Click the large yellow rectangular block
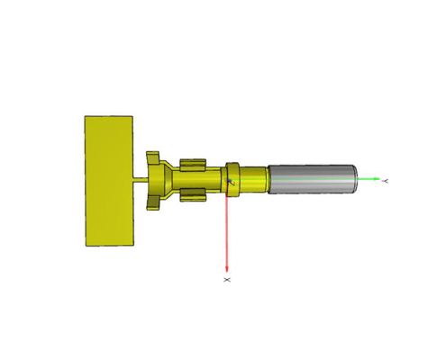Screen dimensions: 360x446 point(108,180)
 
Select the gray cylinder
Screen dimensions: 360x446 point(311,178)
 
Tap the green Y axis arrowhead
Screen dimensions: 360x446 point(376,180)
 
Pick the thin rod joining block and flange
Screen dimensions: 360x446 point(141,180)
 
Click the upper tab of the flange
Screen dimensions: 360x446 point(153,158)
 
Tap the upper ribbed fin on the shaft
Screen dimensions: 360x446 point(194,163)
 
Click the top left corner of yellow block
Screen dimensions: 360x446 point(86,116)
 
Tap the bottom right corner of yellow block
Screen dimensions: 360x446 point(132,244)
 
